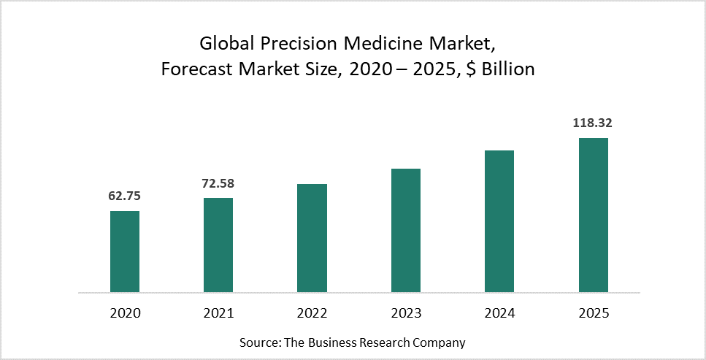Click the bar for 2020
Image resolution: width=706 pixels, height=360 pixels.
pyautogui.click(x=125, y=252)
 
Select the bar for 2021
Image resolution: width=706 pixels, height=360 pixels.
pyautogui.click(x=218, y=245)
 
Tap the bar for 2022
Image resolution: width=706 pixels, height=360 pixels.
pyautogui.click(x=312, y=238)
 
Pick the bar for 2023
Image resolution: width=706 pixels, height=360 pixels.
pyautogui.click(x=406, y=231)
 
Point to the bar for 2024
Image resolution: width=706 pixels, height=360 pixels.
pyautogui.click(x=499, y=221)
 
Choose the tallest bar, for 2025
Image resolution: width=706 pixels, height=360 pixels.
pyautogui.click(x=593, y=215)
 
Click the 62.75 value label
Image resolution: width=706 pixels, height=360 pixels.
pyautogui.click(x=124, y=196)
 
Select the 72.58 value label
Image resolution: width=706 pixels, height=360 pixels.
pyautogui.click(x=218, y=183)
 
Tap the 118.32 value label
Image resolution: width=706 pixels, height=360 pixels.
pyautogui.click(x=593, y=123)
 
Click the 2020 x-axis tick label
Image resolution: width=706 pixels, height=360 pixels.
pyautogui.click(x=125, y=313)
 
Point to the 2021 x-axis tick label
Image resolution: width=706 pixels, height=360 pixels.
pyautogui.click(x=218, y=313)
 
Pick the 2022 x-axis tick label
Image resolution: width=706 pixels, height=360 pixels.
pyautogui.click(x=312, y=313)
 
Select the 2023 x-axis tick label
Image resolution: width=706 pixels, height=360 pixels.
pyautogui.click(x=406, y=313)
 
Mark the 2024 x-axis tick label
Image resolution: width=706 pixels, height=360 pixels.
pyautogui.click(x=499, y=313)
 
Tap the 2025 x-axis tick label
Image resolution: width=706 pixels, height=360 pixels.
pyautogui.click(x=593, y=313)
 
